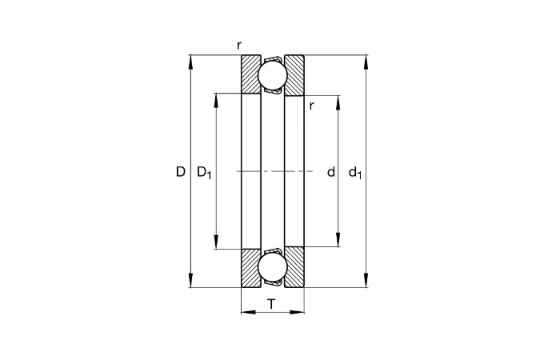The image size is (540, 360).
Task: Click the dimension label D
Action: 181,171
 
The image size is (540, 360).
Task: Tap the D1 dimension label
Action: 204,172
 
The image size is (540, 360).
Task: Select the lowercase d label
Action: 331,171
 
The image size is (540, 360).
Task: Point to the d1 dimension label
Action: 355,172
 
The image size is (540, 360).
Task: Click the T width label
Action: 272,304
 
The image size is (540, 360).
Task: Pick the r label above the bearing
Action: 239,45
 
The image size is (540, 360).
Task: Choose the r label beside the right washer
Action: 311,106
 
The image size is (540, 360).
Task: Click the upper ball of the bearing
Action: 272,74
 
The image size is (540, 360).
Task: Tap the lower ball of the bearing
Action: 272,268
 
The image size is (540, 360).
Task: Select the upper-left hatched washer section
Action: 250,74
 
